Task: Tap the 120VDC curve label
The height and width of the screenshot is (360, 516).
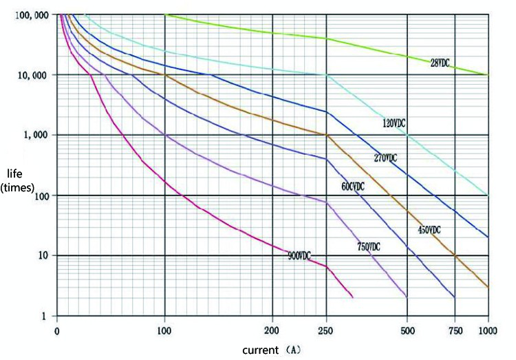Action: click(x=394, y=123)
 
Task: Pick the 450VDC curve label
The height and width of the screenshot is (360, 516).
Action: click(x=429, y=229)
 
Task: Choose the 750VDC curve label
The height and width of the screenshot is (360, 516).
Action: click(x=369, y=246)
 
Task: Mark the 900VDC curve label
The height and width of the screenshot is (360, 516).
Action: click(x=299, y=255)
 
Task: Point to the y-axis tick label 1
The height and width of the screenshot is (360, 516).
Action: click(x=43, y=316)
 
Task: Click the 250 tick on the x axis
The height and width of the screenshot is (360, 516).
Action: click(x=326, y=330)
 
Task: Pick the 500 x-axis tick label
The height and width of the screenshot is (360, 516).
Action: click(x=407, y=330)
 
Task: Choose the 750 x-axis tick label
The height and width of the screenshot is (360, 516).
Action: click(x=455, y=330)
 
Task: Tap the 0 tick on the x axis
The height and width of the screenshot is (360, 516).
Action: click(x=57, y=330)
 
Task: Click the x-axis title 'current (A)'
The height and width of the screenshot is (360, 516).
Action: click(x=271, y=350)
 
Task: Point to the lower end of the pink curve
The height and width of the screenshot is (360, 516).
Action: click(x=353, y=297)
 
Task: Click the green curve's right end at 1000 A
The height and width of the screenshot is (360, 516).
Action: click(x=488, y=74)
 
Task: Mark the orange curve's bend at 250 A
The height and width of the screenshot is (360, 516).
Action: click(x=327, y=135)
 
